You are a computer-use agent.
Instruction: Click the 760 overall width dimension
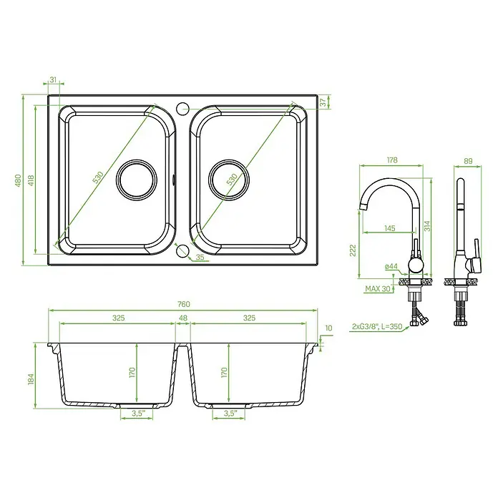pos(184,304)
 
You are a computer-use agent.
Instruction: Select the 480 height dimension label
pos(18,180)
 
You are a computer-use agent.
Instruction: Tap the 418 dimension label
pos(31,180)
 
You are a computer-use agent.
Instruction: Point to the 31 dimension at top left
pos(53,79)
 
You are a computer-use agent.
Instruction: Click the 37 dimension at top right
pos(323,102)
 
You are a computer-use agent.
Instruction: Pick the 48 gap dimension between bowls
pos(183,318)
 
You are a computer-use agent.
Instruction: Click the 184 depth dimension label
pos(31,379)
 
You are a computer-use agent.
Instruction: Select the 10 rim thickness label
pos(328,328)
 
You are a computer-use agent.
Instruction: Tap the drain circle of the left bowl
pos(137,180)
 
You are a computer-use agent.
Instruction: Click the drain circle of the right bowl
pos(229,180)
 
